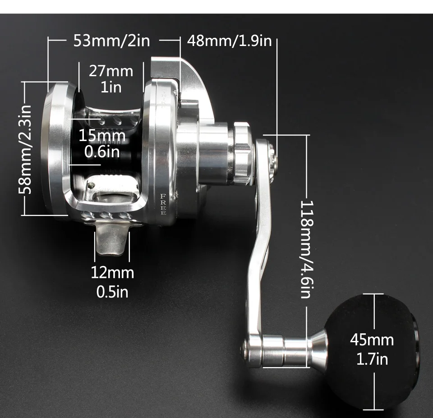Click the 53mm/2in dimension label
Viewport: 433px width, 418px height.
pyautogui.click(x=111, y=41)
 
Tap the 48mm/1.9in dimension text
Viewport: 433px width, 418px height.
pyautogui.click(x=230, y=41)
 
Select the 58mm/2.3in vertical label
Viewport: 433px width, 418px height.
pyautogui.click(x=25, y=149)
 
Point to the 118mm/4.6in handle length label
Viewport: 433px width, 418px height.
pyautogui.click(x=307, y=249)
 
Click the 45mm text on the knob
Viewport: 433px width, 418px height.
pyautogui.click(x=372, y=340)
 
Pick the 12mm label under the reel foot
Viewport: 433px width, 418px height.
pyautogui.click(x=112, y=273)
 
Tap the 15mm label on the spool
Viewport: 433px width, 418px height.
pyautogui.click(x=102, y=136)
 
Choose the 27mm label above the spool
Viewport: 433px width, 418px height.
pyautogui.click(x=111, y=71)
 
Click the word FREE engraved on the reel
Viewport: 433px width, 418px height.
pyautogui.click(x=163, y=204)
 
